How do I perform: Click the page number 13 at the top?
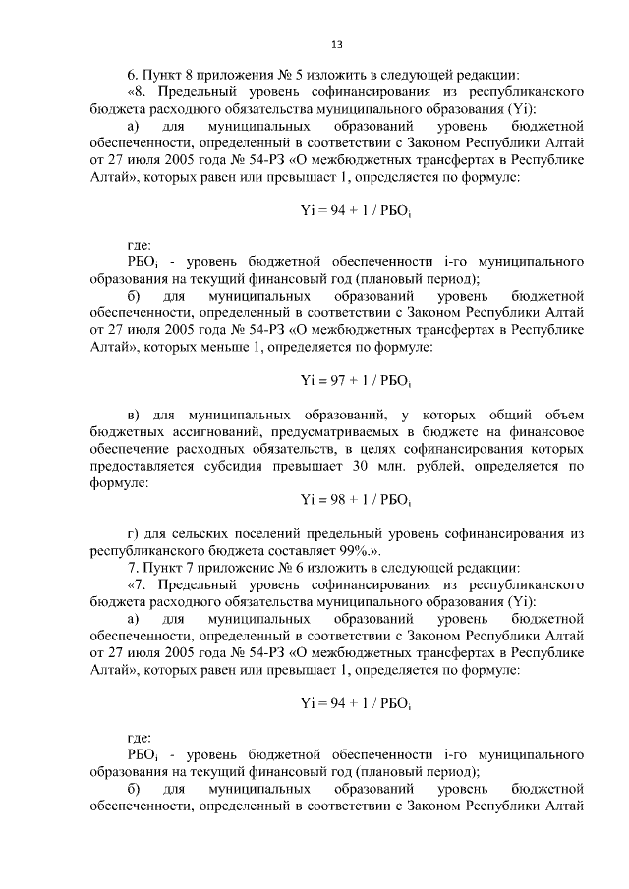point(337,45)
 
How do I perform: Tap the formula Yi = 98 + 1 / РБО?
point(355,499)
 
